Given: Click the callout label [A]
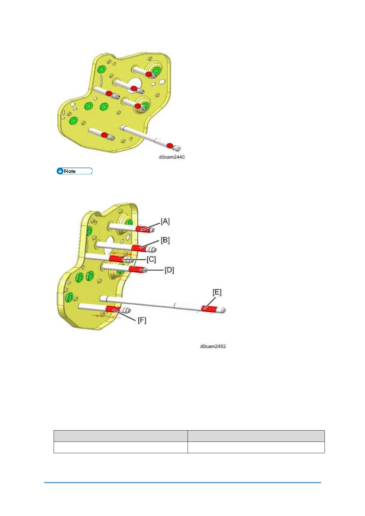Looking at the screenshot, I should click(x=165, y=221).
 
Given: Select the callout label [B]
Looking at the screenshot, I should click(x=165, y=240).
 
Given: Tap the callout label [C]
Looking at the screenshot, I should click(x=151, y=260).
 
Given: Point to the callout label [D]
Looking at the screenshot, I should click(x=169, y=270).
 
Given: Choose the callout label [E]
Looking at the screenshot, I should click(x=217, y=292).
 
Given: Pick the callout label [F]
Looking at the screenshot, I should click(x=142, y=320).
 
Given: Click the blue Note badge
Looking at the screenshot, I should click(x=74, y=171).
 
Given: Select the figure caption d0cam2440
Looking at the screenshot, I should click(x=172, y=157).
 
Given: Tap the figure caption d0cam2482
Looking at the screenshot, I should click(x=213, y=346).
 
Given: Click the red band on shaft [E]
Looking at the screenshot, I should click(x=208, y=309).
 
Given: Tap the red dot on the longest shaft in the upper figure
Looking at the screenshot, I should click(x=169, y=145).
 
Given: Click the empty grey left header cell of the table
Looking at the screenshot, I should click(x=120, y=436).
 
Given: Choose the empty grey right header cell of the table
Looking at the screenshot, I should click(x=256, y=436).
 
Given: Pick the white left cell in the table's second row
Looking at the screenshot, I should click(x=120, y=447).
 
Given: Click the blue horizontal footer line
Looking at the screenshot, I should click(x=182, y=483).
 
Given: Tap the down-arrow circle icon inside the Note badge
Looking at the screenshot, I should click(x=60, y=171).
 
